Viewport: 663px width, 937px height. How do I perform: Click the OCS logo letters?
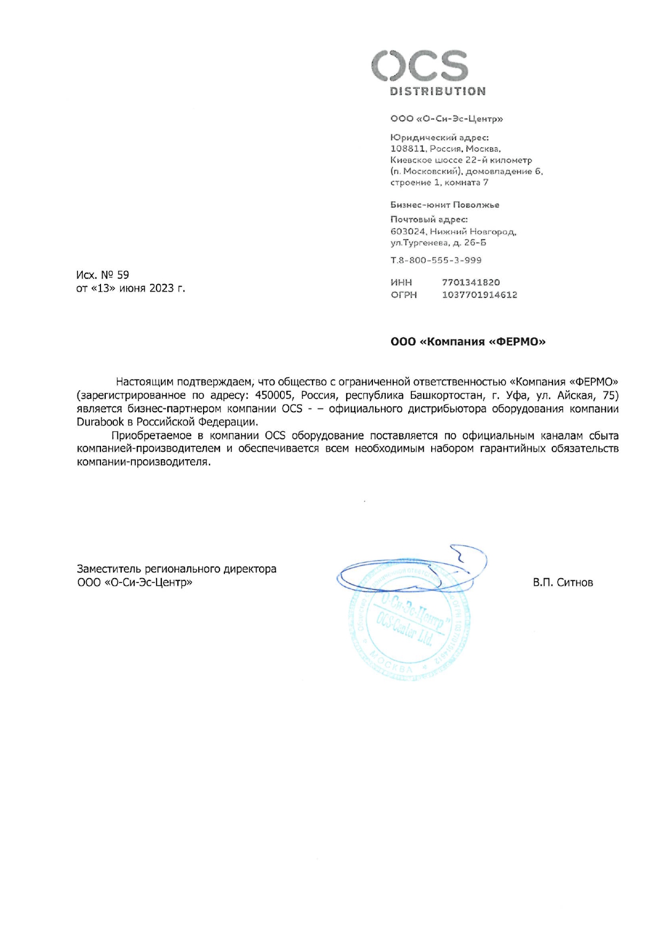(420, 66)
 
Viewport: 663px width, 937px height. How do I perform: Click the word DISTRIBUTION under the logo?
(438, 91)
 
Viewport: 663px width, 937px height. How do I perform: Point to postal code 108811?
(408, 149)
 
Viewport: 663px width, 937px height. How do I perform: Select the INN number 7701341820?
(471, 282)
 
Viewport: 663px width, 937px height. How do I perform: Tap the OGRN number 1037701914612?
(479, 295)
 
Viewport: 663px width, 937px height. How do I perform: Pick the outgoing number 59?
(123, 275)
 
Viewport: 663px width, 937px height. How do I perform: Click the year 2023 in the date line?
(161, 288)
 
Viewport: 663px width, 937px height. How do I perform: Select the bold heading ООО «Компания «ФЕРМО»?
(468, 342)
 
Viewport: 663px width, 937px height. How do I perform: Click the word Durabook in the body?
(100, 422)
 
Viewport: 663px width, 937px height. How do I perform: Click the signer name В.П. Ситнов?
(563, 582)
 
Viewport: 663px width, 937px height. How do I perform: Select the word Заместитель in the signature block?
(110, 569)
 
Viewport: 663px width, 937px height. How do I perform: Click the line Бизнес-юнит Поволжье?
(444, 205)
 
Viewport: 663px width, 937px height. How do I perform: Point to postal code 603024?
(408, 232)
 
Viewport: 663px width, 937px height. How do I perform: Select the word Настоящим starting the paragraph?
(144, 382)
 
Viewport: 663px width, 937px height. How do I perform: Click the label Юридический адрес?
(439, 138)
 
